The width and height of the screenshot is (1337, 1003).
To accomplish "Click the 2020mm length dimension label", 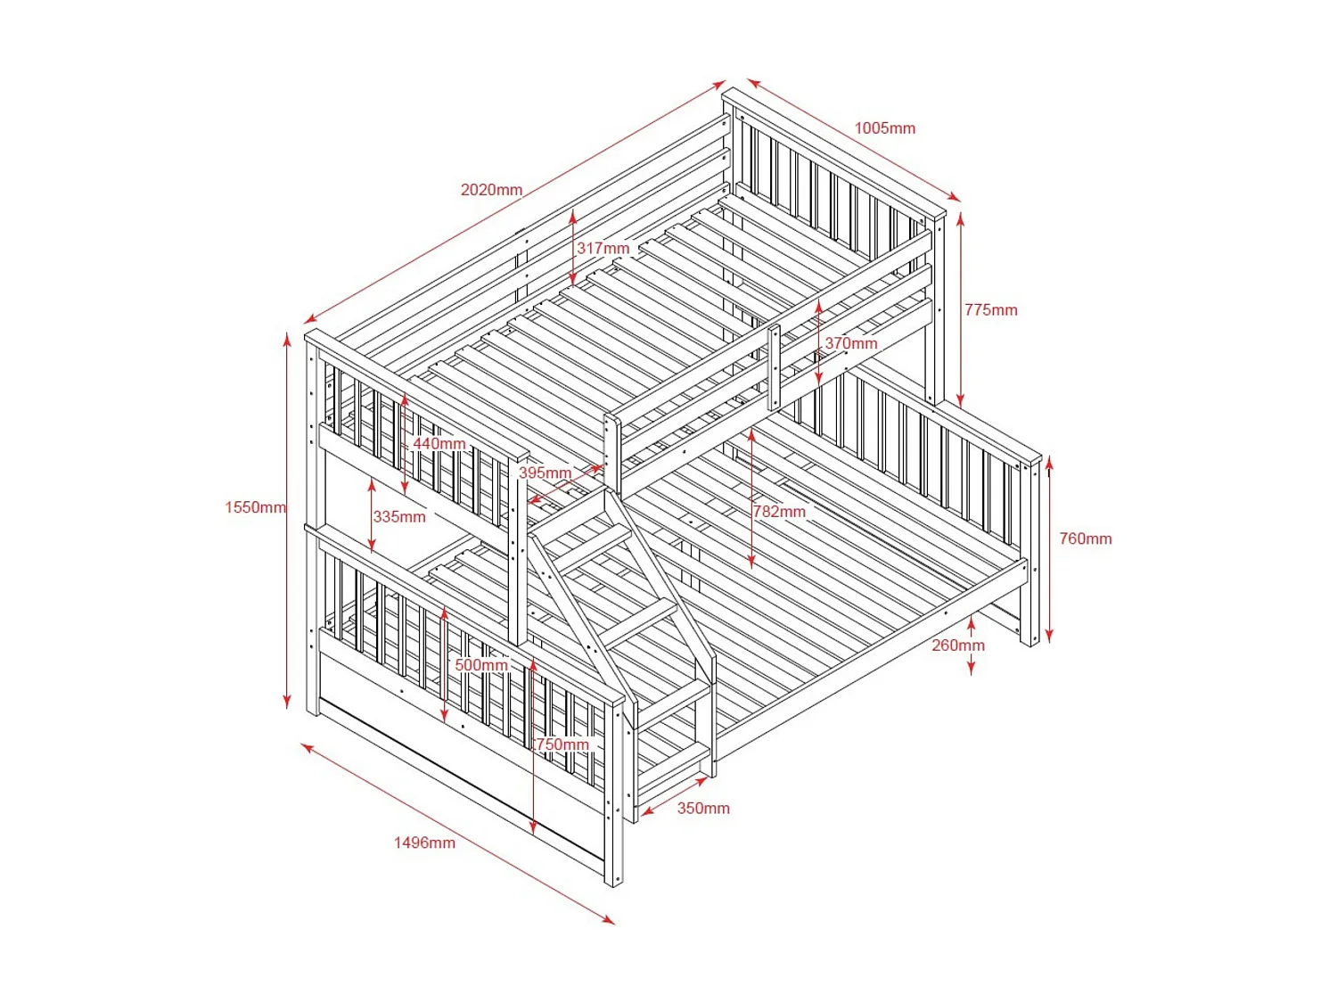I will [x=491, y=190].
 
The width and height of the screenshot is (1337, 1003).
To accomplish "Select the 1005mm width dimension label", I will [x=884, y=128].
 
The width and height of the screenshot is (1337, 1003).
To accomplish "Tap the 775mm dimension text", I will [x=990, y=310].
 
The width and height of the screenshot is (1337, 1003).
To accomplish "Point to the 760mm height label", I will [x=1085, y=538].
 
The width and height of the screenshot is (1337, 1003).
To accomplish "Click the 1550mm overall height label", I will [x=255, y=507].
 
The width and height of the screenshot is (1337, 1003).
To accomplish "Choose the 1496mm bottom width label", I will [x=424, y=843].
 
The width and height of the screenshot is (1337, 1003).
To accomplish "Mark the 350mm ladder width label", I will [x=703, y=809].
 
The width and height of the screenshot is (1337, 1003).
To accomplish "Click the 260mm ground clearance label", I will [x=958, y=645].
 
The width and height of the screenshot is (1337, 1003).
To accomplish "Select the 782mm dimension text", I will [x=779, y=512].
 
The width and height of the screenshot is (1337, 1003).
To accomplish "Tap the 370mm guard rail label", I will [x=850, y=343].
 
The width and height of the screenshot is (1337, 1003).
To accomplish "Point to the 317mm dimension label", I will [x=603, y=249].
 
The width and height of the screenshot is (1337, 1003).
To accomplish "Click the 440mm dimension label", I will [x=439, y=444].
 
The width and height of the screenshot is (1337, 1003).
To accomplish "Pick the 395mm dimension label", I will [x=545, y=473].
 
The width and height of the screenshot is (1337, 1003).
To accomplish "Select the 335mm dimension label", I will [x=399, y=517].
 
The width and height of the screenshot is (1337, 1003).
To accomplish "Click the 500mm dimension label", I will [x=481, y=665].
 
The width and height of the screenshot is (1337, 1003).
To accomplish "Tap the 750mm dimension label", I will [x=562, y=744].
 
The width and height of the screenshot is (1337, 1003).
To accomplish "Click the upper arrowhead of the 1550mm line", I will [x=287, y=337].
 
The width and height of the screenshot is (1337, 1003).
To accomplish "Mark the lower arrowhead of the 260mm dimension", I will [x=971, y=670].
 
